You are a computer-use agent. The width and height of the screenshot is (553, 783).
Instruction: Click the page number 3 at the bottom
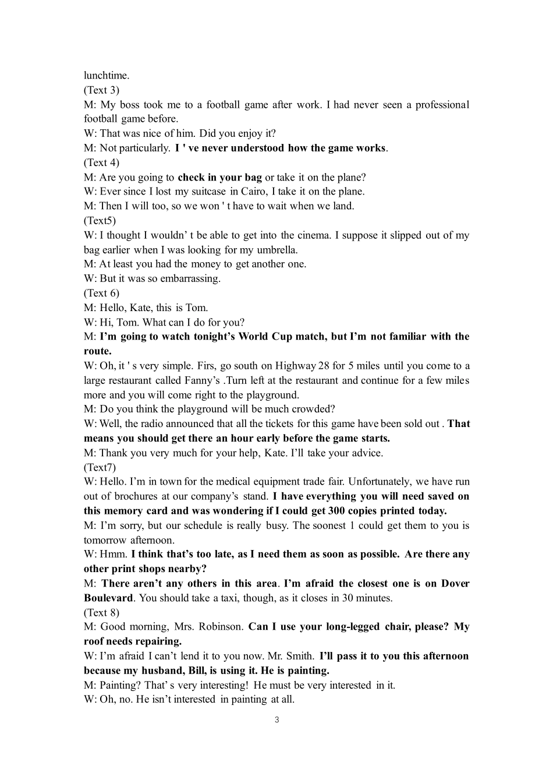(276, 719)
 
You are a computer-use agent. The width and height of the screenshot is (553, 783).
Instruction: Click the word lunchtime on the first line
(105, 76)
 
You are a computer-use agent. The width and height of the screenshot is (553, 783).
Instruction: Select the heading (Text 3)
(101, 90)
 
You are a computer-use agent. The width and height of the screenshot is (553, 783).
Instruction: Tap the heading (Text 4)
(101, 163)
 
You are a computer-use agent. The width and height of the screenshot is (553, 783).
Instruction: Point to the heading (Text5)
(100, 221)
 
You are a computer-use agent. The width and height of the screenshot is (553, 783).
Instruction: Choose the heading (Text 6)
(101, 293)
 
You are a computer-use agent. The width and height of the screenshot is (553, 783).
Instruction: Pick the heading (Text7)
(100, 467)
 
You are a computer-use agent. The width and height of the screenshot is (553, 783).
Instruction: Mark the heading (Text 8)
(101, 612)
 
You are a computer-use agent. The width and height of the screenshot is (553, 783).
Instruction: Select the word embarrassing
(191, 278)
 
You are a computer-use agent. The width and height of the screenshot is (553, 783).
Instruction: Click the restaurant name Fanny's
(203, 380)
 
